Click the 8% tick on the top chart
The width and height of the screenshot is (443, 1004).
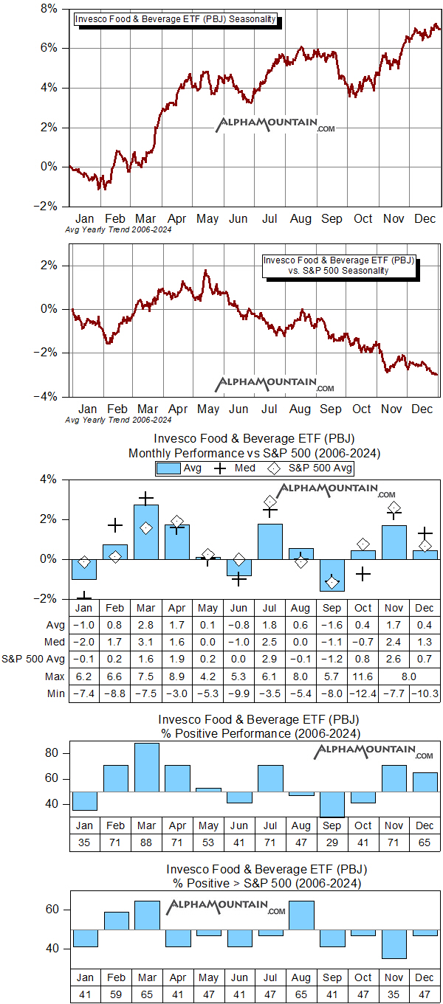point(48,9)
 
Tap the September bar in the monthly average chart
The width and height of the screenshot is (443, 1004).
point(332,575)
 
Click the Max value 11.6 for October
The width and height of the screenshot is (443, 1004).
point(363,676)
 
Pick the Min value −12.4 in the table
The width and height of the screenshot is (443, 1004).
point(363,693)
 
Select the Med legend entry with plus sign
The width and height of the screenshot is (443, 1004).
point(235,468)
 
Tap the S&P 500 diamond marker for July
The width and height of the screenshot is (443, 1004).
point(270,502)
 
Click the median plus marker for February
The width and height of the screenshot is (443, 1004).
point(115,525)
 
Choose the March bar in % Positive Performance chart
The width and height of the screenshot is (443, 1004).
point(146,767)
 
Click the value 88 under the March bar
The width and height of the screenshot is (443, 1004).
point(146,842)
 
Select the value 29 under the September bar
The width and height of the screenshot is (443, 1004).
point(332,842)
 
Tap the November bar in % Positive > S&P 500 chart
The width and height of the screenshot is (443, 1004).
point(394,944)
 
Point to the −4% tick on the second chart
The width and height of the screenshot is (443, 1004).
point(49,397)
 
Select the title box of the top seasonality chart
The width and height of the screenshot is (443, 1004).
point(176,20)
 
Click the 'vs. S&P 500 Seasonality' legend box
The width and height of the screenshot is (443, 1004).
point(339,266)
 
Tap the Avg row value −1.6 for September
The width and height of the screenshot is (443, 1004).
point(332,625)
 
